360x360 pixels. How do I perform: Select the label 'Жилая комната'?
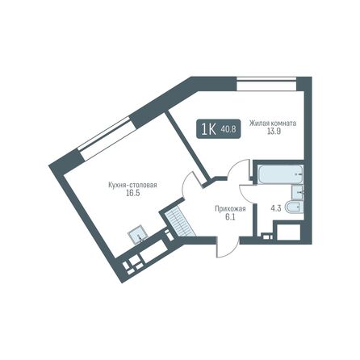click(273, 123)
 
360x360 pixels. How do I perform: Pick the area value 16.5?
click(132, 195)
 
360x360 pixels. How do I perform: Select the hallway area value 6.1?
click(226, 217)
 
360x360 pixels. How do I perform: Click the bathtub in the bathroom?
click(277, 172)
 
